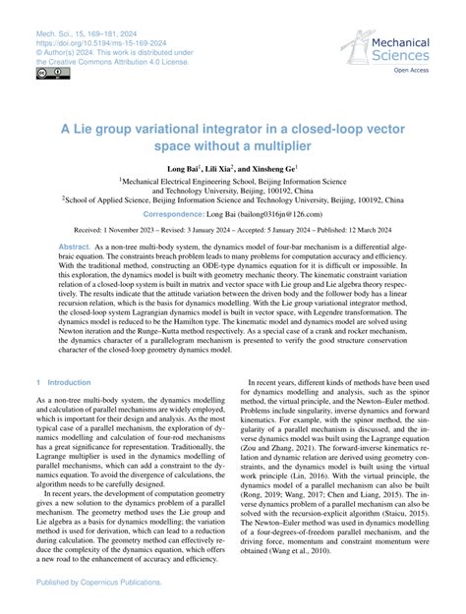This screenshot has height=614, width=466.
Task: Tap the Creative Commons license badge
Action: click(x=47, y=73)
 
